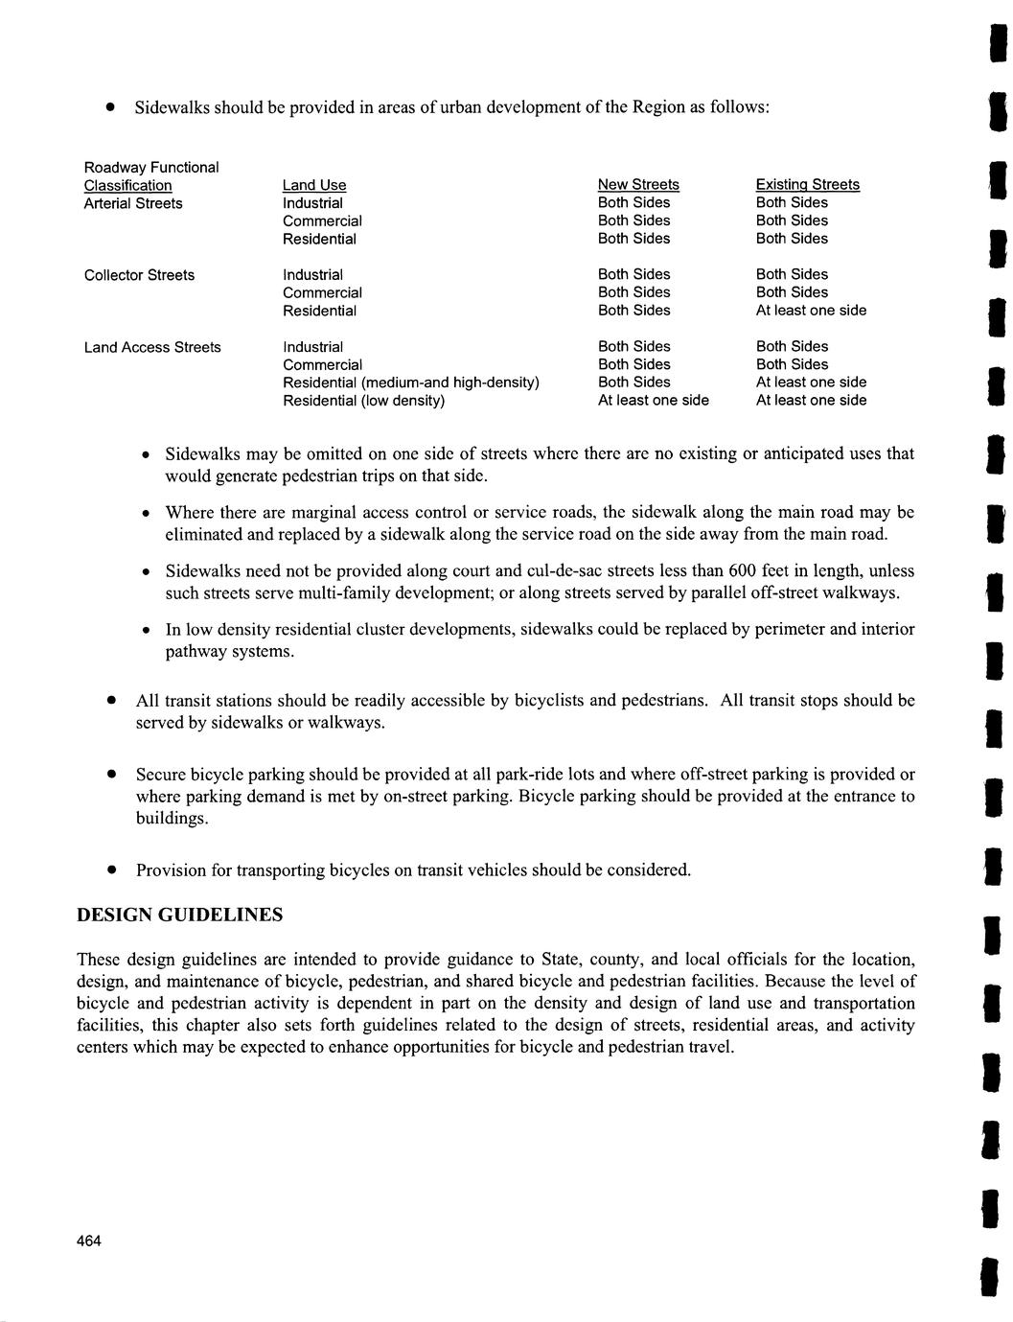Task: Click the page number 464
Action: click(89, 1241)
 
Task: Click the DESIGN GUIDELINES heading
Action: click(179, 915)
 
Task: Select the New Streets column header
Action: click(638, 184)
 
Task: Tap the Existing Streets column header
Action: click(807, 184)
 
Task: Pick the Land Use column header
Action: click(314, 185)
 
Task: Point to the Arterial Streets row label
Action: click(133, 203)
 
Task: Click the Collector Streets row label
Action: click(139, 275)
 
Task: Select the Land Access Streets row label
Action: click(152, 347)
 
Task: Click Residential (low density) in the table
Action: click(363, 401)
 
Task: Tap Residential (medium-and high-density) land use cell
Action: click(410, 383)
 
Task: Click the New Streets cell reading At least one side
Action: click(653, 401)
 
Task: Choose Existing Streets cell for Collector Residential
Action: click(811, 311)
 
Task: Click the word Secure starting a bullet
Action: click(161, 774)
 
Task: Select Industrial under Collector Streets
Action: click(312, 275)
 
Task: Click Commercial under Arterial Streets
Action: click(322, 221)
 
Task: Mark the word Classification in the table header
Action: click(127, 185)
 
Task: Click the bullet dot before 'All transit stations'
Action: click(111, 701)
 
